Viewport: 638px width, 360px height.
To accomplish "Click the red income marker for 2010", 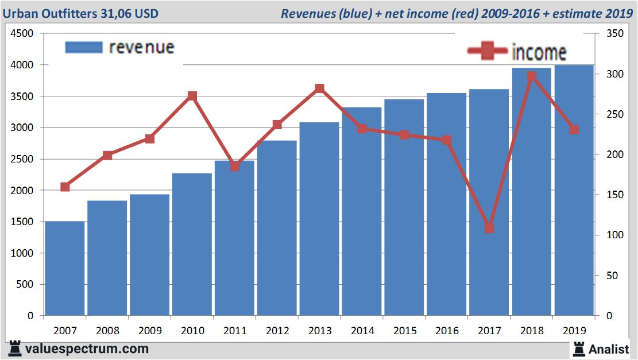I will (x=192, y=96).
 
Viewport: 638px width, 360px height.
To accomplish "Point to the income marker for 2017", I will (x=489, y=228).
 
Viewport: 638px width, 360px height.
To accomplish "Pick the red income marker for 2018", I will (x=532, y=76).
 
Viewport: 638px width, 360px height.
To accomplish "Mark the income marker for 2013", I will (x=320, y=88).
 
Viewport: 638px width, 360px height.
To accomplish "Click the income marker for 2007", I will (x=65, y=187).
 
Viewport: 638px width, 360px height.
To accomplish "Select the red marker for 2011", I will (x=235, y=167).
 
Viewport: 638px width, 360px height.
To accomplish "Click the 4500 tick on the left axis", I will (x=22, y=34).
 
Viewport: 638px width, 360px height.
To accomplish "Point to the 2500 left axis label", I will (x=22, y=159).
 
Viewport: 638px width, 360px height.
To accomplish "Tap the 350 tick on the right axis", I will (x=607, y=34).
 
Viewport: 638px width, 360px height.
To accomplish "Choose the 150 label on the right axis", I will (x=607, y=195).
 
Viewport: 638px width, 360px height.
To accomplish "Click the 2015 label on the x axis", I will (x=404, y=331).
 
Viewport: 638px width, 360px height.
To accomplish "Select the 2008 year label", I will (x=107, y=331).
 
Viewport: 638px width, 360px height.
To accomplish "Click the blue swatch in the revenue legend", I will (x=84, y=47).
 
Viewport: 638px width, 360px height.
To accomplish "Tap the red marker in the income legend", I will (x=488, y=51).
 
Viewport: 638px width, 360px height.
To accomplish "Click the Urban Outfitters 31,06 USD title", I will (x=80, y=13).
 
